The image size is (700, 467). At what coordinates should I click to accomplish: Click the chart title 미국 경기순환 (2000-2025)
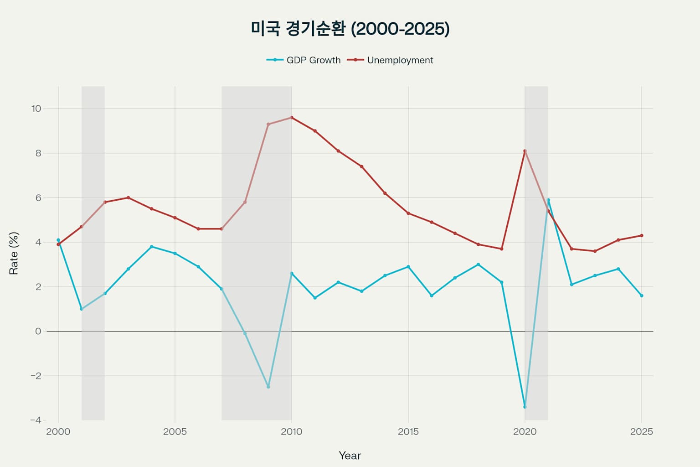tap(350, 29)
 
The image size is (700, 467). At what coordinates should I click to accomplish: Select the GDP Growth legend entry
tap(304, 60)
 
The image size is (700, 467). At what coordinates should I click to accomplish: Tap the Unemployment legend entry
tap(391, 60)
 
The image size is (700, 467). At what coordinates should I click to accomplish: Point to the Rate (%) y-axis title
tap(14, 253)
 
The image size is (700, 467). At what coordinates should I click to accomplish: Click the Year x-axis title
tap(350, 456)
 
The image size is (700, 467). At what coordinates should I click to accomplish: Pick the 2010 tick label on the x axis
tap(292, 432)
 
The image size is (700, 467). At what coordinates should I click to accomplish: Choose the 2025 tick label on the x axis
tap(641, 432)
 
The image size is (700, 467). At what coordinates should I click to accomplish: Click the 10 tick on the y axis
tap(36, 109)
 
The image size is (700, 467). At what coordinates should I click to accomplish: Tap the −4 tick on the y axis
tap(36, 420)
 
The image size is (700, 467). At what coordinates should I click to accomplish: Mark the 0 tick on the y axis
tap(38, 332)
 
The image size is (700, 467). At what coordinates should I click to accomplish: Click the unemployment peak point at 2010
tap(292, 118)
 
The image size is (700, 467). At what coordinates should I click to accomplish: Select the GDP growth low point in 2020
tap(525, 407)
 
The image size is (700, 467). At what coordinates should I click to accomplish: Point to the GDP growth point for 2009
tap(268, 387)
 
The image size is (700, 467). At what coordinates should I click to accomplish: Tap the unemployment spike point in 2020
tap(525, 151)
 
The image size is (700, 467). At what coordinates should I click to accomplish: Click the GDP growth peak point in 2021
tap(548, 200)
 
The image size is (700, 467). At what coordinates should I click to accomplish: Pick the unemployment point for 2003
tap(128, 197)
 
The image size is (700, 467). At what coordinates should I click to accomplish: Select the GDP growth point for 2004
tap(152, 247)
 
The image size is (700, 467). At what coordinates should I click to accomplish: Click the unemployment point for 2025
tap(642, 236)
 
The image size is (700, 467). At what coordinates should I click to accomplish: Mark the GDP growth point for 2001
tap(82, 309)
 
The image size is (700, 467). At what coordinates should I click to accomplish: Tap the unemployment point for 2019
tap(502, 249)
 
